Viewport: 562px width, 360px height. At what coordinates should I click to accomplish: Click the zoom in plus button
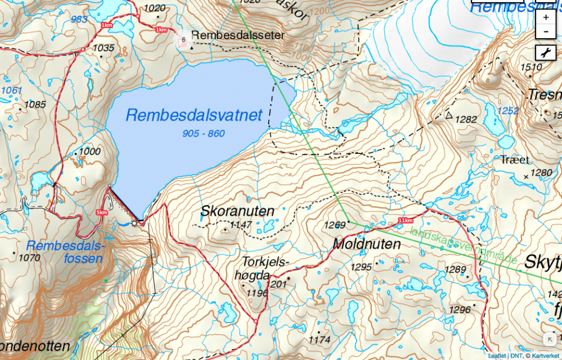click(x=546, y=17)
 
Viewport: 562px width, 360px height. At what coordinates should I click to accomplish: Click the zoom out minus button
click(x=546, y=31)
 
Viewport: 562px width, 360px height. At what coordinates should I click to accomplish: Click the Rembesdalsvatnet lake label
click(x=194, y=115)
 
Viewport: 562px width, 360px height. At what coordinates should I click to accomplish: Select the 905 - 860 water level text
click(x=203, y=134)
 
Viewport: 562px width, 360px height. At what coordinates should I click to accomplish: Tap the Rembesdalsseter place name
click(x=238, y=35)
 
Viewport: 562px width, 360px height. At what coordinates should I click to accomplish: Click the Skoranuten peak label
click(x=238, y=212)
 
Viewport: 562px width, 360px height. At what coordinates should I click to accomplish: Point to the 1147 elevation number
click(x=241, y=226)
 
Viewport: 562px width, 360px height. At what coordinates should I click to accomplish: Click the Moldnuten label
click(x=366, y=244)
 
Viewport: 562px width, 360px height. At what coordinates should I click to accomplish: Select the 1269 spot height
click(x=334, y=225)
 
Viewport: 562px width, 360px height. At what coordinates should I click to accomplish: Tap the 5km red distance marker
click(x=102, y=212)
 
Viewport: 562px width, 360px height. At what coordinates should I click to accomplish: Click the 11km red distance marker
click(x=405, y=219)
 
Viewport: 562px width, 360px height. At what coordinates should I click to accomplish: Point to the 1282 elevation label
click(x=466, y=119)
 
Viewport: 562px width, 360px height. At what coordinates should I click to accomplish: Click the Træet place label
click(x=515, y=160)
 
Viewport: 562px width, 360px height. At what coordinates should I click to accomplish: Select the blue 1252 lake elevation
click(x=508, y=111)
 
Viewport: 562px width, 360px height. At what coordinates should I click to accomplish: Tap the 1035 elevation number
click(x=103, y=48)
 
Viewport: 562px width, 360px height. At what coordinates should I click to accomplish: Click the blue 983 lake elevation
click(x=79, y=20)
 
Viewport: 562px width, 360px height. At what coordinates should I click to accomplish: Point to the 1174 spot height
click(x=320, y=340)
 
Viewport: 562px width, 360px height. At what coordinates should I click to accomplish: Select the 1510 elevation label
click(x=531, y=67)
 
